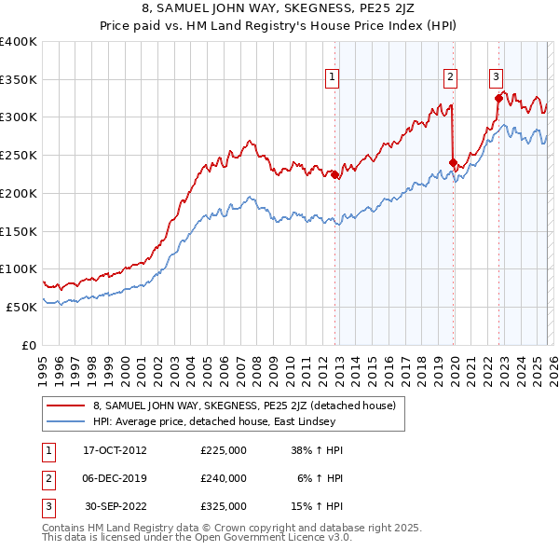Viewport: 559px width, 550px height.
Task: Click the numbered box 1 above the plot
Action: pyautogui.click(x=333, y=77)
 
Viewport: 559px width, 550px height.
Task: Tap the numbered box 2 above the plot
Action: pyautogui.click(x=450, y=77)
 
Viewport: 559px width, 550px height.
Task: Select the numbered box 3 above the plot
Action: pyautogui.click(x=496, y=77)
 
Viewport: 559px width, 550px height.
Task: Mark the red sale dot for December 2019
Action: pyautogui.click(x=453, y=162)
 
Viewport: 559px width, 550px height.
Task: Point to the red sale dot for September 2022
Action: pyautogui.click(x=498, y=98)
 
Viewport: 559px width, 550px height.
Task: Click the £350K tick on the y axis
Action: pyautogui.click(x=19, y=79)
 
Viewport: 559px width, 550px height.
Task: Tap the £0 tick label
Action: pyautogui.click(x=29, y=345)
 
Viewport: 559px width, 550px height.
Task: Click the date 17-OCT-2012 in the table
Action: pyautogui.click(x=115, y=450)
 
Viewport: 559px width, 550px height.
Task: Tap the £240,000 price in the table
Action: pyautogui.click(x=224, y=478)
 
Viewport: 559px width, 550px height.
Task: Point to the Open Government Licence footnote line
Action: pyautogui.click(x=196, y=538)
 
